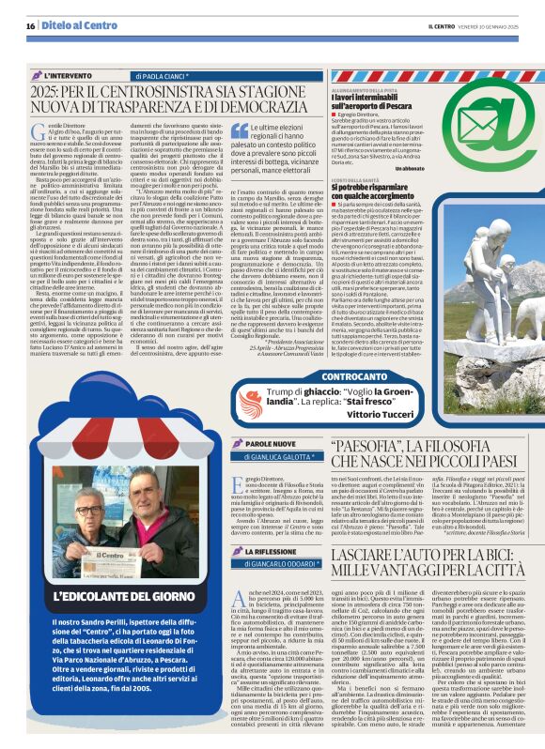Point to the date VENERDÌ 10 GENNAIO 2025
(x=493, y=27)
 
